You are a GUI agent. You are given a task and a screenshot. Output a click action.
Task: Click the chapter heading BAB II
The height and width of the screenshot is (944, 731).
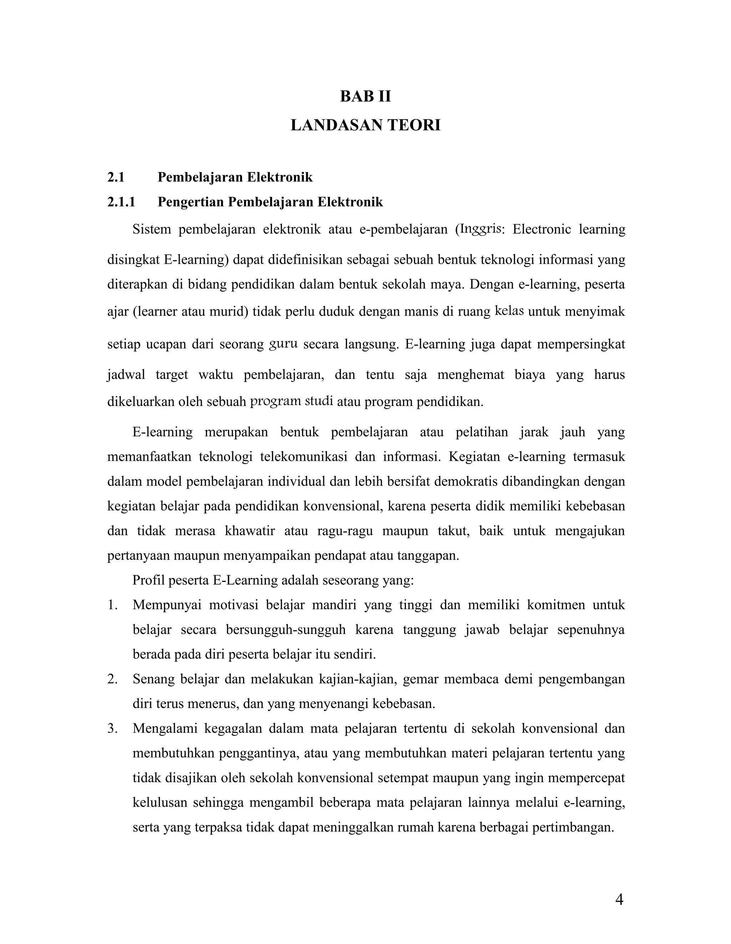[365, 96]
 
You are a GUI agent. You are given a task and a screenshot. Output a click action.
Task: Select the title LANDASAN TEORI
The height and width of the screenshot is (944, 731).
[365, 125]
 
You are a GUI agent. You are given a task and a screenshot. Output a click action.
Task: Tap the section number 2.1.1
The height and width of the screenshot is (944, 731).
[121, 202]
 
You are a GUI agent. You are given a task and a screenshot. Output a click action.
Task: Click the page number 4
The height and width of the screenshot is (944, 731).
[619, 899]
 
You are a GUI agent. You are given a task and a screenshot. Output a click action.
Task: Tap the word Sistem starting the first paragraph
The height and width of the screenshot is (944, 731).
[151, 229]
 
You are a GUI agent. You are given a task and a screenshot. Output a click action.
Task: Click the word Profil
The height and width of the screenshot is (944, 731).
[148, 580]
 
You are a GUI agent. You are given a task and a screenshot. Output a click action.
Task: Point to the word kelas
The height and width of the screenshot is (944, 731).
[509, 311]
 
